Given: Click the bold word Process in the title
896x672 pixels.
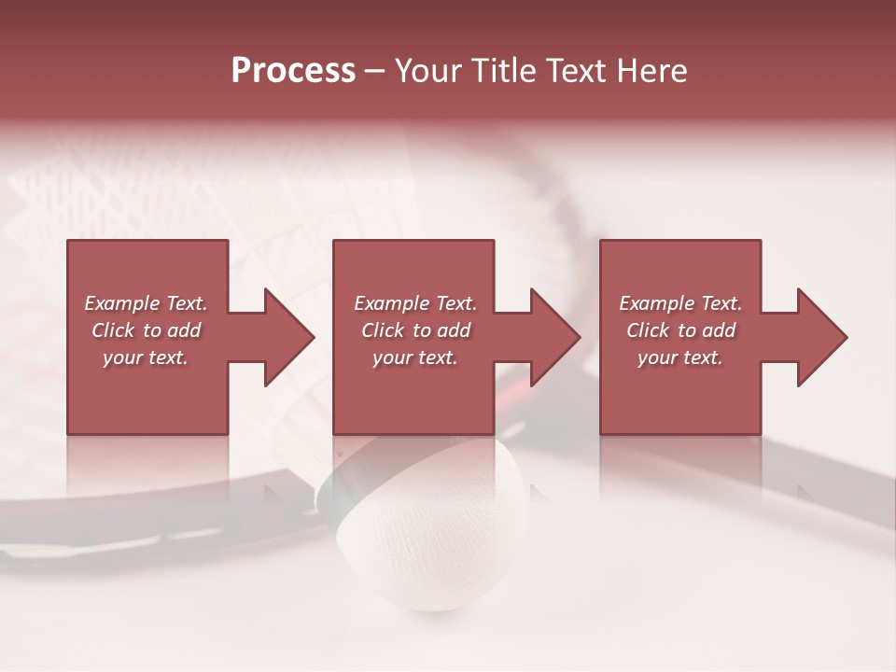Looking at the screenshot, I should tap(293, 71).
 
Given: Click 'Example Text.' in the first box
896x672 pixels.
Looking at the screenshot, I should tap(146, 303).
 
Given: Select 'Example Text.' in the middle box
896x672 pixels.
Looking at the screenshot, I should tap(415, 303).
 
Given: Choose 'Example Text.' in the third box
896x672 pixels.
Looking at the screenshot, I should tap(680, 303).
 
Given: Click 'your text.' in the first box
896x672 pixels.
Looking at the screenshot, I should tap(146, 357).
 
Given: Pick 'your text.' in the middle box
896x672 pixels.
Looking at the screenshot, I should tap(415, 357).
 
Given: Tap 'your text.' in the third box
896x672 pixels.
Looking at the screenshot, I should tap(680, 357).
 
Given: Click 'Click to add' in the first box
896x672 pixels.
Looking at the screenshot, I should tap(146, 330).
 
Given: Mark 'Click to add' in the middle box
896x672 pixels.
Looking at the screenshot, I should tap(415, 330).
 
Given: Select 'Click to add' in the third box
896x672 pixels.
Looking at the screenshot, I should tap(680, 330).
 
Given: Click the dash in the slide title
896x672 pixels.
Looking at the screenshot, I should tap(374, 72).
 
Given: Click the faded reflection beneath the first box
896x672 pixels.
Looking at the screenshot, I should tap(147, 467).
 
